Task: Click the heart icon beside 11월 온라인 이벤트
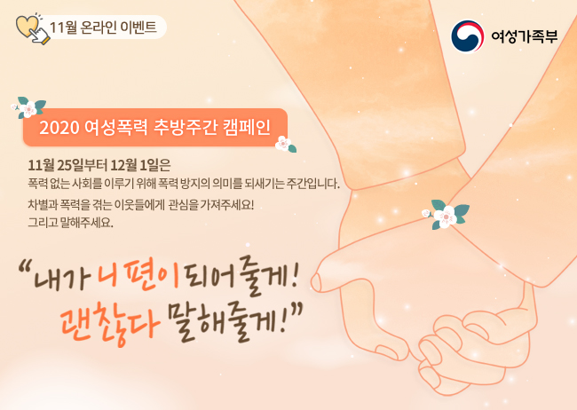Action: click(28, 27)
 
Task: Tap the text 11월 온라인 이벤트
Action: click(103, 28)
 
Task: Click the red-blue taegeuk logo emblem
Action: click(467, 36)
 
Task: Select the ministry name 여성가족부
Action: click(525, 36)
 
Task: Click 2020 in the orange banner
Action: click(59, 128)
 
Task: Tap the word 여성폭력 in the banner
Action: click(116, 127)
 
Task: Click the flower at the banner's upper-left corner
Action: click(28, 107)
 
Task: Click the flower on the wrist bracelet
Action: click(446, 215)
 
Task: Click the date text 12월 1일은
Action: click(140, 165)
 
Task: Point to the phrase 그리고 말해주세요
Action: click(71, 223)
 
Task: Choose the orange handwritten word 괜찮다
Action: click(110, 323)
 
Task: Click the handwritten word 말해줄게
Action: click(226, 321)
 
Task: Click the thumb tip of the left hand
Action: click(316, 283)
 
